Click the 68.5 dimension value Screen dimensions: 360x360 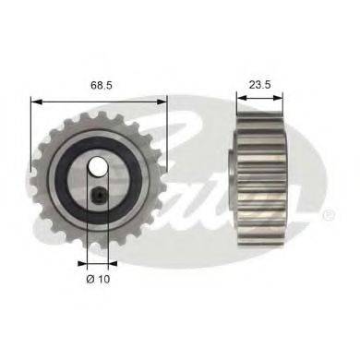pos(102,85)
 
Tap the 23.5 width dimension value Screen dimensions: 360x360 pos(259,84)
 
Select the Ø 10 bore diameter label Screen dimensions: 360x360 pos(98,279)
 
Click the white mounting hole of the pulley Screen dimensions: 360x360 pos(98,166)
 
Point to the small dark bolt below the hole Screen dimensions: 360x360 pos(99,195)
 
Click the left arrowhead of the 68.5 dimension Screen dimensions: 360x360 pos(36,102)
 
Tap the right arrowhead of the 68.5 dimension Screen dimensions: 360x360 pos(162,102)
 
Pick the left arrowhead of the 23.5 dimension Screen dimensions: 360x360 pos(242,98)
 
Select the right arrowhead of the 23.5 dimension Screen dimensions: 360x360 pos(278,98)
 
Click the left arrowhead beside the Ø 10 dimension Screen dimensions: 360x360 pos(82,263)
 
